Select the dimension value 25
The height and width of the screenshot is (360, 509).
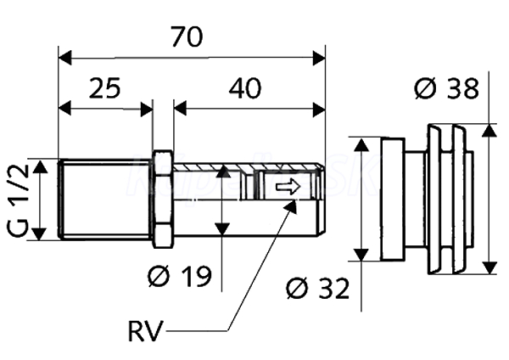[105, 87]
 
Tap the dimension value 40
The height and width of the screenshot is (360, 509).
[244, 87]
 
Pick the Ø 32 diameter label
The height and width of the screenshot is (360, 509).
[318, 290]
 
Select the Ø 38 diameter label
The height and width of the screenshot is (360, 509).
[446, 87]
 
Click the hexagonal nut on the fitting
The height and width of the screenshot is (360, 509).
[164, 199]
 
